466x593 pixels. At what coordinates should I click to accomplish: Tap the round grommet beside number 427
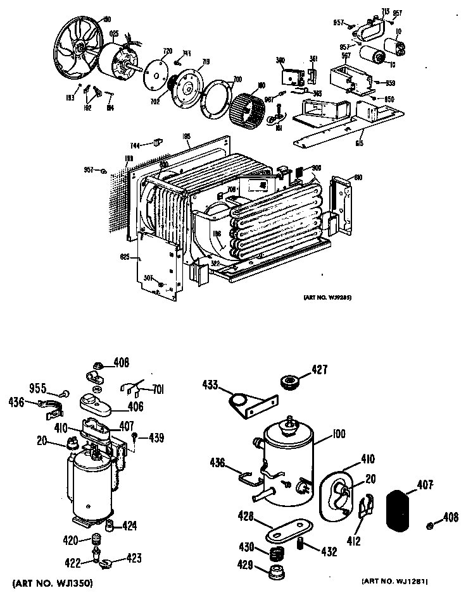pos(290,382)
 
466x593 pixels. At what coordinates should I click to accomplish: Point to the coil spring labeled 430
pos(277,555)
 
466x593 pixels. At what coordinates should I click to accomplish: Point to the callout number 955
pos(40,389)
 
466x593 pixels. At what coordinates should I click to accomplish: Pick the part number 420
pos(70,540)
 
